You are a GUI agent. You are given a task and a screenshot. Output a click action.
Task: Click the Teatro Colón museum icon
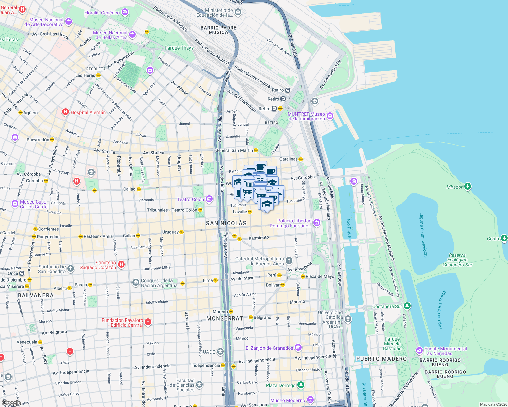[x=209, y=199]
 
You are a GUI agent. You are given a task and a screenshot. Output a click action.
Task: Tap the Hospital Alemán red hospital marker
[x=66, y=112]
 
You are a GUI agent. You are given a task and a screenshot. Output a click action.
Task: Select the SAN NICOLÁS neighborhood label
[x=226, y=223]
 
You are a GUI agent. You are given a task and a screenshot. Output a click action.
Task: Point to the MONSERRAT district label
[x=225, y=318]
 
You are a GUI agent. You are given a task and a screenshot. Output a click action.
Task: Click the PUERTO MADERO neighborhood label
[x=381, y=359]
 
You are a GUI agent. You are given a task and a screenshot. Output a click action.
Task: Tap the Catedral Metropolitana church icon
[x=289, y=260]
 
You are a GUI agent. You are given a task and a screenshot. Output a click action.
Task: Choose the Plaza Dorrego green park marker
[x=301, y=385]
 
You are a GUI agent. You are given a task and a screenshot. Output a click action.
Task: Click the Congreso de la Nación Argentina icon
[x=135, y=283]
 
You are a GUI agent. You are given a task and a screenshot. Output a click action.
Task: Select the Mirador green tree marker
[x=468, y=187]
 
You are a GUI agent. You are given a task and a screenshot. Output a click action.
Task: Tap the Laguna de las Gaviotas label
[x=424, y=235]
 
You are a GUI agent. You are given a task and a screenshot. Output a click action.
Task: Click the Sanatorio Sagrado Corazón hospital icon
[x=121, y=265]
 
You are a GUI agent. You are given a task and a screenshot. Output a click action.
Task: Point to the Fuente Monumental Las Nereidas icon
[x=419, y=350]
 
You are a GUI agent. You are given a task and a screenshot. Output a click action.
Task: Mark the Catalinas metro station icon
[x=301, y=159]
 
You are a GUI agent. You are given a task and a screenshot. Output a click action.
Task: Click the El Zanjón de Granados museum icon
[x=298, y=348]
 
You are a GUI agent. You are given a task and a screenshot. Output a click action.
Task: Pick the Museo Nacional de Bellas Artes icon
[x=132, y=35]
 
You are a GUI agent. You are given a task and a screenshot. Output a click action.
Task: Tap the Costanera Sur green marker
[x=407, y=306]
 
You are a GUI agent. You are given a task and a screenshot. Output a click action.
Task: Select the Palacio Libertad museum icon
[x=317, y=223]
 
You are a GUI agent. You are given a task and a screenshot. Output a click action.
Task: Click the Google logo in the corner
[x=11, y=403]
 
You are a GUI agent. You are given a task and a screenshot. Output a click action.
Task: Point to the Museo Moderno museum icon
[x=310, y=400]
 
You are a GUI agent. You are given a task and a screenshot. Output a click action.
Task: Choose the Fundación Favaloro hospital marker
[x=148, y=322]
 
